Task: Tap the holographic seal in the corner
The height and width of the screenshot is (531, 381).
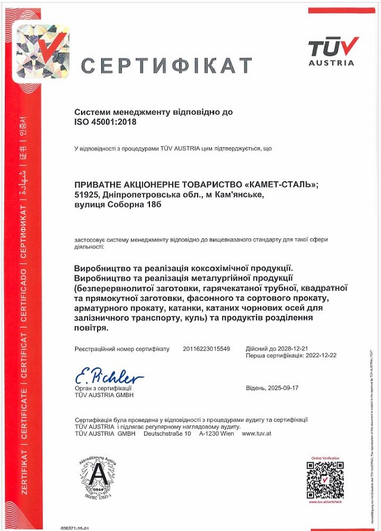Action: [x=42, y=52]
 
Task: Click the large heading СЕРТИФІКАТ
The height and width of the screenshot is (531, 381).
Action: [x=167, y=65]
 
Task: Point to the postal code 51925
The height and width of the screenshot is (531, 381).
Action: [x=86, y=194]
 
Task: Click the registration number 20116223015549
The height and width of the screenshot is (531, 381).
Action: [x=207, y=349]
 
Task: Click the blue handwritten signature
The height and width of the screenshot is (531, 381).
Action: [x=109, y=377]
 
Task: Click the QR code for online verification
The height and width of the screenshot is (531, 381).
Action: [x=325, y=480]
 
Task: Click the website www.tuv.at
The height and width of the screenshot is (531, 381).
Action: [x=257, y=433]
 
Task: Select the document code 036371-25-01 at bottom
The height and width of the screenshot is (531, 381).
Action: [x=75, y=528]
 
